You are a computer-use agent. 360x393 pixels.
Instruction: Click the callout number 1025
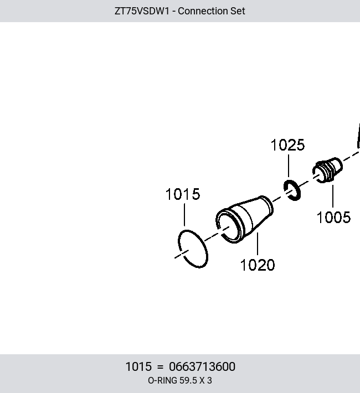288,145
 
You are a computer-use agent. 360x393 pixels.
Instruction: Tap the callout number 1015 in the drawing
183,194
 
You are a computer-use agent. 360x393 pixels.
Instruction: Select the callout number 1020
258,265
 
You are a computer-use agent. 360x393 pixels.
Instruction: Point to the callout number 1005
333,217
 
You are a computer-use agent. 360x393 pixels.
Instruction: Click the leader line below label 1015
184,215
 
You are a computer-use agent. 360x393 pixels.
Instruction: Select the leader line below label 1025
288,166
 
